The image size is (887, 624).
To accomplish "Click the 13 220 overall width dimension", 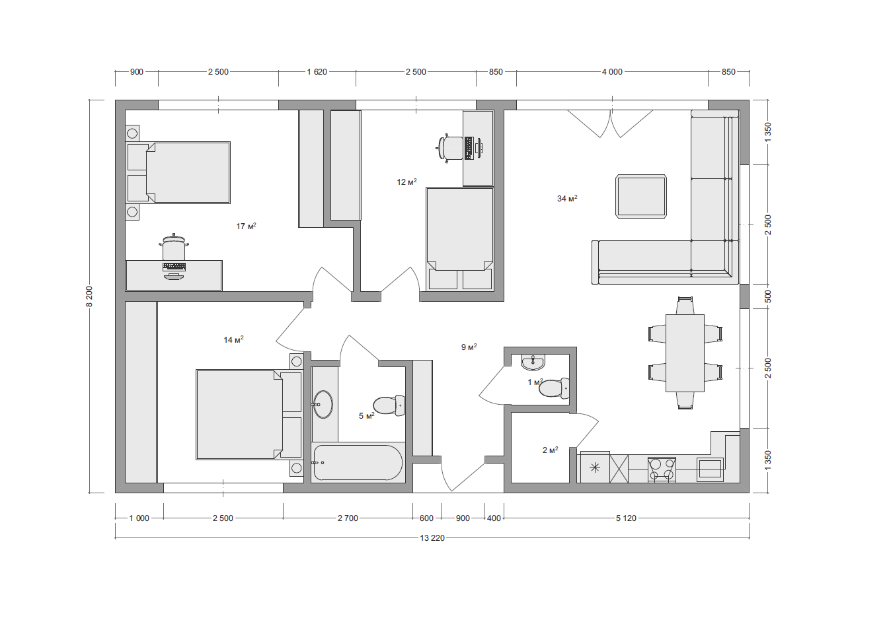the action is click(x=432, y=537).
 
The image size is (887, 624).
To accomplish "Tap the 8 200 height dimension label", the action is click(x=89, y=296).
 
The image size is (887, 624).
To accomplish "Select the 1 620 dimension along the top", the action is click(x=317, y=71).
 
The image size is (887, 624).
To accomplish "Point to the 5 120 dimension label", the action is click(x=626, y=518).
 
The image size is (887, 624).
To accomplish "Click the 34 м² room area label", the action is click(x=567, y=198).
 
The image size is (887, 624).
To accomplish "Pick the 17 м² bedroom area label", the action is click(x=247, y=226).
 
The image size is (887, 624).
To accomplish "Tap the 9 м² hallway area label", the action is click(x=469, y=347).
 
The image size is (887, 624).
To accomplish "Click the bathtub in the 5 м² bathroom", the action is click(x=357, y=463).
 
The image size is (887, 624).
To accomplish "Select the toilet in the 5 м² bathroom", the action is click(x=389, y=405).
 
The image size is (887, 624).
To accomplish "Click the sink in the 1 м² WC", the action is click(x=533, y=363).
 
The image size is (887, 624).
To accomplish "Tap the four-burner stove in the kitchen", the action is click(x=662, y=469).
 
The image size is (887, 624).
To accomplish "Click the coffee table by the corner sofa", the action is click(x=641, y=196).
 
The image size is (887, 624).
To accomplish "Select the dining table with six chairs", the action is click(x=685, y=353).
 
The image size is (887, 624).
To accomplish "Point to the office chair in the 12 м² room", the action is click(x=450, y=149).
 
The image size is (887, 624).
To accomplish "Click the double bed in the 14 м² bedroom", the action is click(x=249, y=415).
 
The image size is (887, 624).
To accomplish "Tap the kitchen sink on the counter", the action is click(x=710, y=469).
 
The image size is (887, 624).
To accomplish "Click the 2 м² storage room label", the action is click(x=551, y=450).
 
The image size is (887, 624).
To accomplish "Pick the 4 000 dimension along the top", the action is click(x=612, y=71).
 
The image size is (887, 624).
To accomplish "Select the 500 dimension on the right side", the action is click(x=768, y=296).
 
